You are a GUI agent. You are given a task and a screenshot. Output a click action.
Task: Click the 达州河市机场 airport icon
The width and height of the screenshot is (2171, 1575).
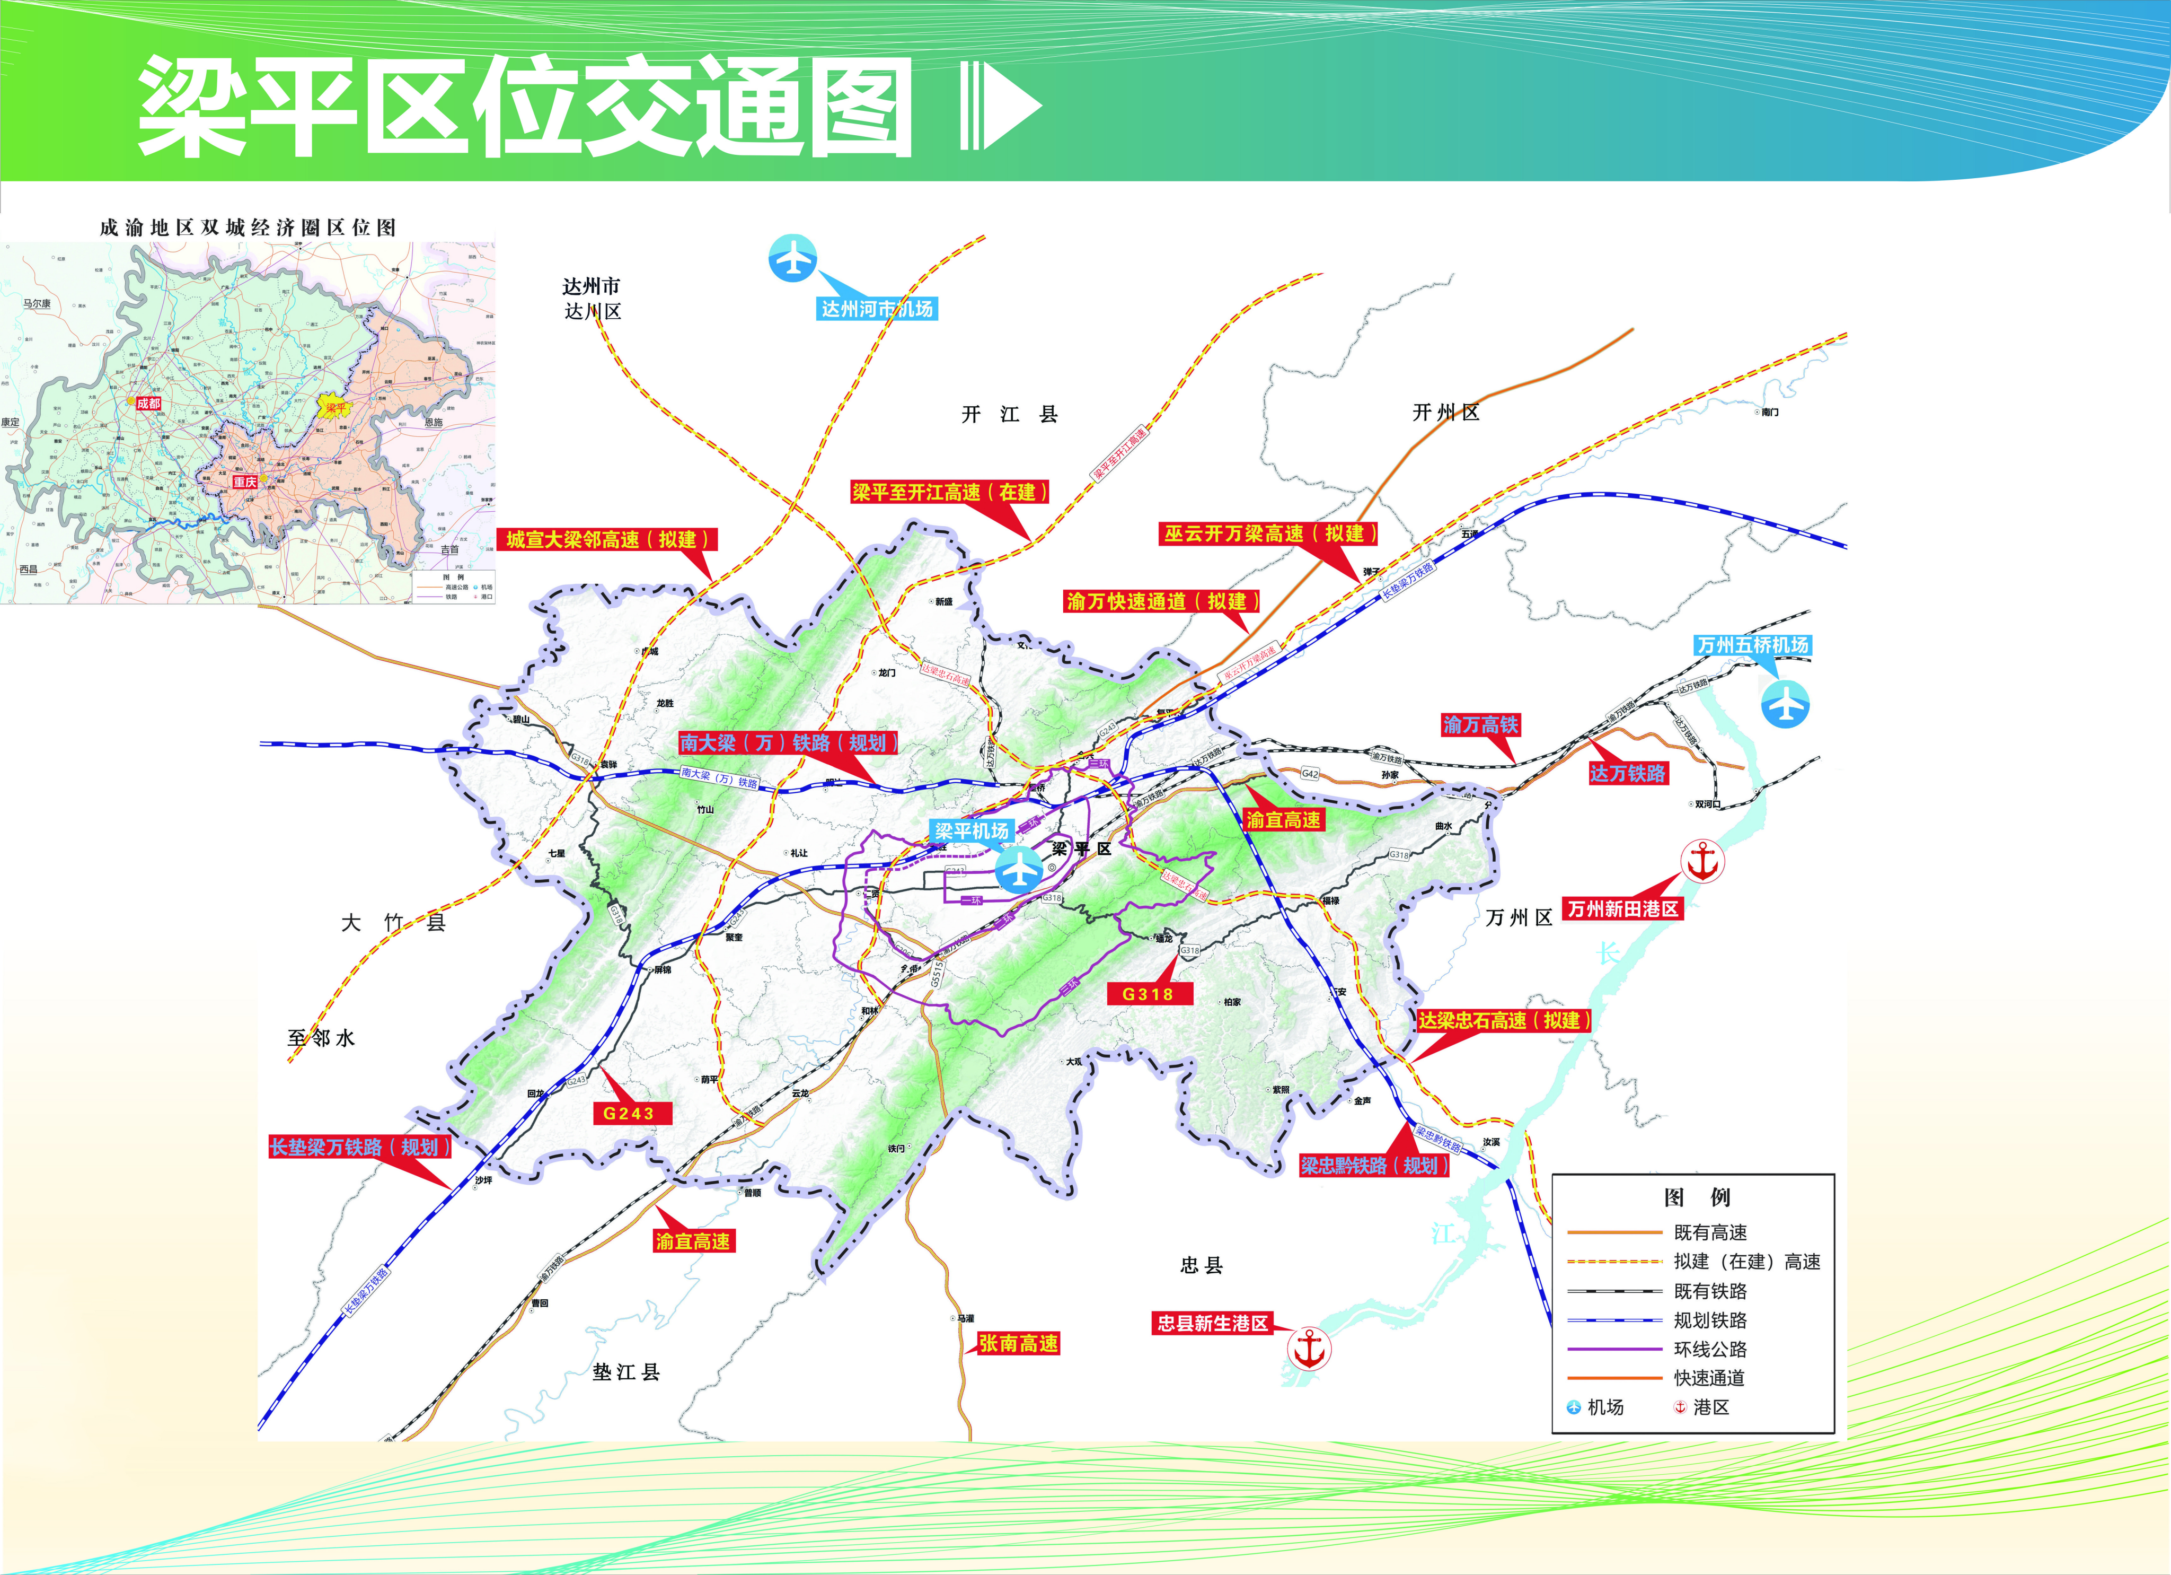click(x=792, y=258)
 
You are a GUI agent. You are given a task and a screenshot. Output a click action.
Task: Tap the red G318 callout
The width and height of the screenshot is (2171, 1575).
click(x=1148, y=994)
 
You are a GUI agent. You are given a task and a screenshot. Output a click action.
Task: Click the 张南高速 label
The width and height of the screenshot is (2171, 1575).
click(x=1018, y=1343)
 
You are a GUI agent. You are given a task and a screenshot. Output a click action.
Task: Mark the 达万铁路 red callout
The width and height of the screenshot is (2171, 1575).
click(x=1627, y=774)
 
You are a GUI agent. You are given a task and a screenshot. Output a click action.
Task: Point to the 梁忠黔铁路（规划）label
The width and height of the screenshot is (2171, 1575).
click(x=1374, y=1165)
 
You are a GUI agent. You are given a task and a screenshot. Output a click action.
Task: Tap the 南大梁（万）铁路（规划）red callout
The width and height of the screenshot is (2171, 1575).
click(x=788, y=743)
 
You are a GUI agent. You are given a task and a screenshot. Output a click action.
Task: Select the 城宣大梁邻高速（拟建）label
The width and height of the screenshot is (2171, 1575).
click(x=607, y=540)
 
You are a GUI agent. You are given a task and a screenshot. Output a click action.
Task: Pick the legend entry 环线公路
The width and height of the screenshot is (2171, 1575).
click(x=1710, y=1349)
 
